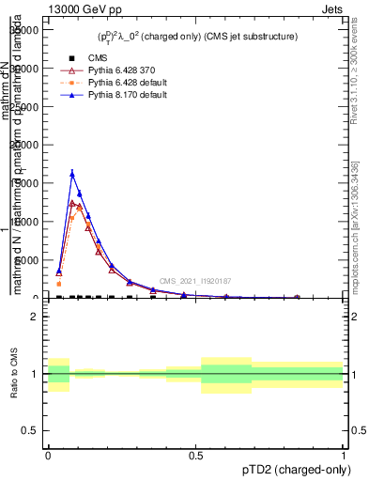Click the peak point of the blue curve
coord(72,173)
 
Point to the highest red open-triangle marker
coord(72,203)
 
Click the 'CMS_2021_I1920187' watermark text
coord(194,281)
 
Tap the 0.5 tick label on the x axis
coord(195,453)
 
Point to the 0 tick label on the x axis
coord(47,453)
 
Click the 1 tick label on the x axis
coord(344,453)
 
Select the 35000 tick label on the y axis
coord(23,30)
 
